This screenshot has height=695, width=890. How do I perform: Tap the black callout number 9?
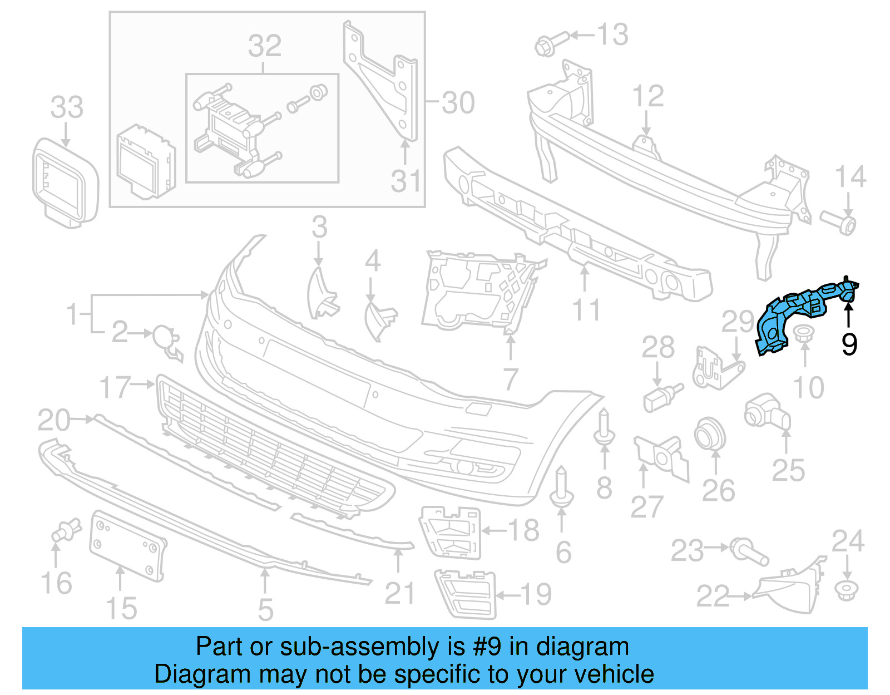point(849,344)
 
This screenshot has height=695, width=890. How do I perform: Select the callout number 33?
point(67,107)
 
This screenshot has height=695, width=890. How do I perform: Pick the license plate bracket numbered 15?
point(127,546)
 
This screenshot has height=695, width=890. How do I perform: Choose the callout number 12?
point(648,96)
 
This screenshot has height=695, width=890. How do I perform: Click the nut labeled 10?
point(803,335)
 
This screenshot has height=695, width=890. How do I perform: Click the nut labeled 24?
point(847,590)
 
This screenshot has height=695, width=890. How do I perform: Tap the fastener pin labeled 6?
point(562,490)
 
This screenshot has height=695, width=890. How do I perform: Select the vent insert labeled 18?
point(451,531)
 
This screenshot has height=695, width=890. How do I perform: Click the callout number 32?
point(265,46)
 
